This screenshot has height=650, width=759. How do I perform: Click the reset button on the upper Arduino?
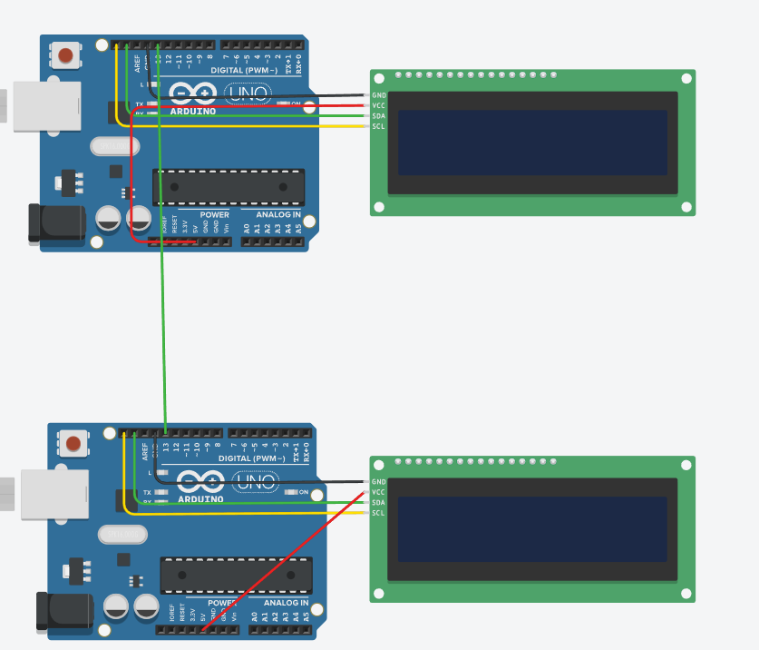(65, 55)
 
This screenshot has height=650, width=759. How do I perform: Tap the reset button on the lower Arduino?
(73, 444)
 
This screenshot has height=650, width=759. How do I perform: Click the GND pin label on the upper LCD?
(379, 95)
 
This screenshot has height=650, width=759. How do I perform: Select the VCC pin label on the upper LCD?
(379, 105)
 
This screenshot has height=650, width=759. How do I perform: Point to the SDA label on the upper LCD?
(379, 115)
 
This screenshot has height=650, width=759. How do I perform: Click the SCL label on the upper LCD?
(379, 125)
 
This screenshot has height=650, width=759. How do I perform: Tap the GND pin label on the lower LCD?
(379, 482)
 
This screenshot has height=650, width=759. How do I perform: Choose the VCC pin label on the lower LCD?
(379, 492)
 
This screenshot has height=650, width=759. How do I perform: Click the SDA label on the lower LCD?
(379, 502)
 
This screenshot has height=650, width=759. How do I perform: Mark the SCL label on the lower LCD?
(379, 513)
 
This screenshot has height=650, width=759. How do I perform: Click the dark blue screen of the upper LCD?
(532, 143)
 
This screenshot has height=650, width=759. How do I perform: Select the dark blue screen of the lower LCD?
(532, 529)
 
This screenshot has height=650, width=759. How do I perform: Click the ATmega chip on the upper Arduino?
(229, 186)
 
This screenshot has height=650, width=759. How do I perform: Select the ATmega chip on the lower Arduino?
(236, 575)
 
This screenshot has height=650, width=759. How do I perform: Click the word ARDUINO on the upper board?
(192, 111)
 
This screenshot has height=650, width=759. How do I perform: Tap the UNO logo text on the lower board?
(256, 481)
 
